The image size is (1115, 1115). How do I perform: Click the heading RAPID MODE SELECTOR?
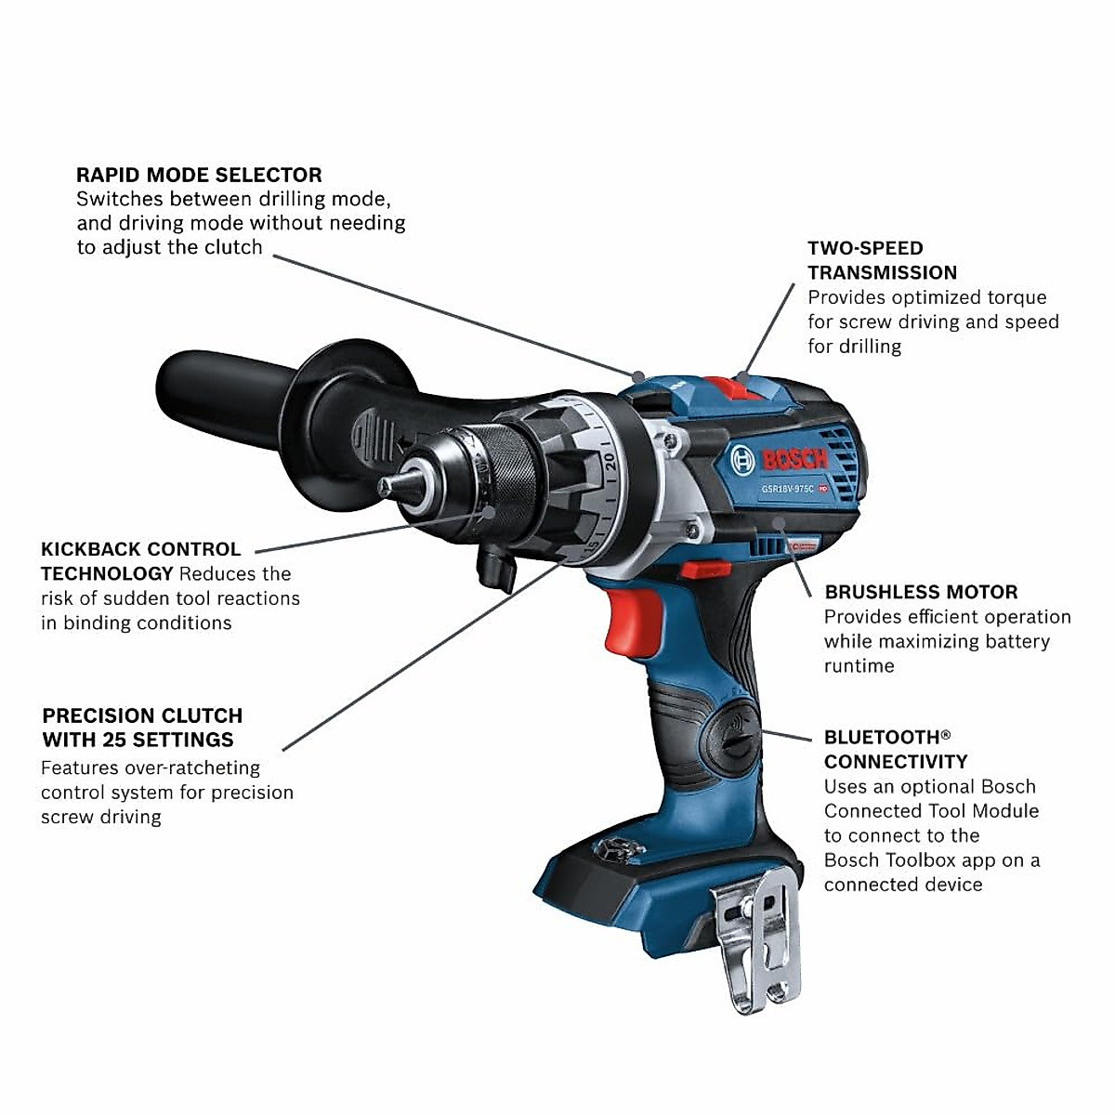tap(199, 175)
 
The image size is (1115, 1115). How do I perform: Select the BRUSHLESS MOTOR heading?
tap(921, 592)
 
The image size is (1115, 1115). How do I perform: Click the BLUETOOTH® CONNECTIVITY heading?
tap(895, 749)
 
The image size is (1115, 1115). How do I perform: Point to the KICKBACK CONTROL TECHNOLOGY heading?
tap(140, 561)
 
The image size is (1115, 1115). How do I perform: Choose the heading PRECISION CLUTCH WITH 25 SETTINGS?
tap(142, 728)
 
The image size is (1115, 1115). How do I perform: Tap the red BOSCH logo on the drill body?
tap(794, 459)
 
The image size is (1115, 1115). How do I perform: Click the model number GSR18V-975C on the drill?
tap(787, 489)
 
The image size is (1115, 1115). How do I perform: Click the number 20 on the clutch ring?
tap(609, 462)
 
